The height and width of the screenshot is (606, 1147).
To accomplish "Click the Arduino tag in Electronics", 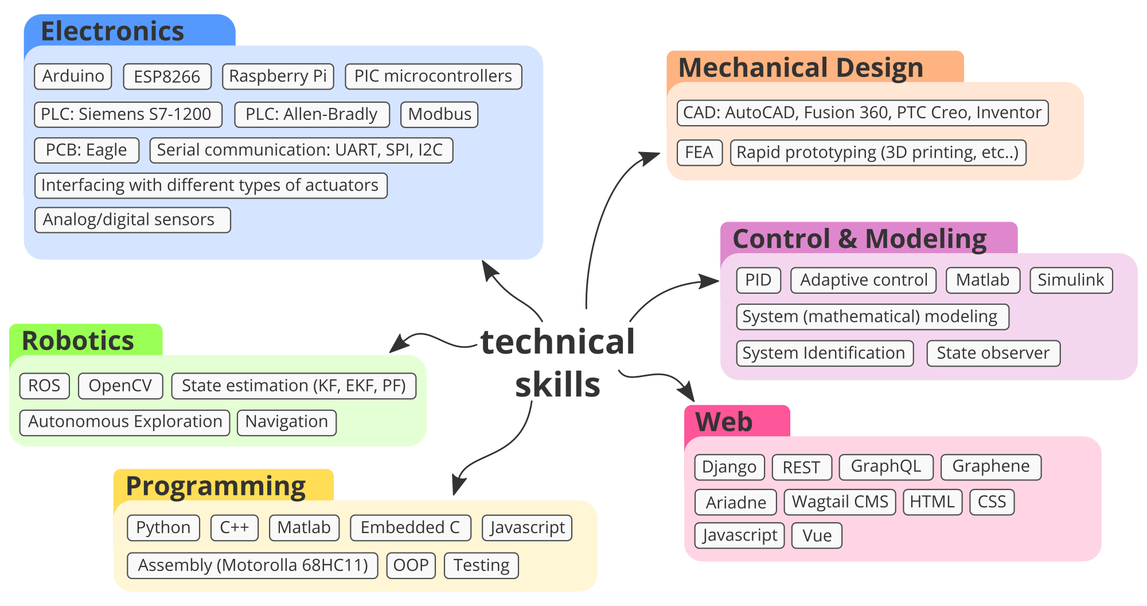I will click(x=73, y=76).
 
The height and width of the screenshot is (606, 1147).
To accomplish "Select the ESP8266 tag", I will click(x=167, y=77).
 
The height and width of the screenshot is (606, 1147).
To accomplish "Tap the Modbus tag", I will click(x=439, y=114).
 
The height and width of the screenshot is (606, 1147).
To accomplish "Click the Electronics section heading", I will click(x=112, y=31).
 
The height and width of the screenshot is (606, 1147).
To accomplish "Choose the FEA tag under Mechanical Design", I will click(x=699, y=153).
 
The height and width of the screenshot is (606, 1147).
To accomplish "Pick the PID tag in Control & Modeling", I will click(x=758, y=280).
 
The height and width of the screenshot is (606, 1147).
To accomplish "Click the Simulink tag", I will click(x=1071, y=280).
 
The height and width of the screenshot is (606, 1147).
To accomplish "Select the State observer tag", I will click(x=993, y=353).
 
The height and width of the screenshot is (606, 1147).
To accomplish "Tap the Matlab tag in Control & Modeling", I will click(x=982, y=280).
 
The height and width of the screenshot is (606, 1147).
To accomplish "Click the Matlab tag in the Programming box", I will click(x=304, y=527).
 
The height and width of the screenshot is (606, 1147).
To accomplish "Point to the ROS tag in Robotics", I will click(x=44, y=386).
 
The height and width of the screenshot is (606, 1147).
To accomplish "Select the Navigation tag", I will click(x=286, y=422).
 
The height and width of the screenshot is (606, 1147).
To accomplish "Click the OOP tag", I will click(x=411, y=565).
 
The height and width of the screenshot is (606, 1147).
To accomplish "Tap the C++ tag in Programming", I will click(x=234, y=527).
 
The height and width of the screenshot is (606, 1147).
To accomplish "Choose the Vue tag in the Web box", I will click(x=817, y=535).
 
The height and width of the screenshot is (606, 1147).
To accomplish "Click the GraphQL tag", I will click(x=885, y=467).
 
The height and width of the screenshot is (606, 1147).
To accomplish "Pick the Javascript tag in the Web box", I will click(x=739, y=535).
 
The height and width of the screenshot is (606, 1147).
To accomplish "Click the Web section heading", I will click(x=724, y=422).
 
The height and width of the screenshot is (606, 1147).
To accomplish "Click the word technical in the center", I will click(x=557, y=342).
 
